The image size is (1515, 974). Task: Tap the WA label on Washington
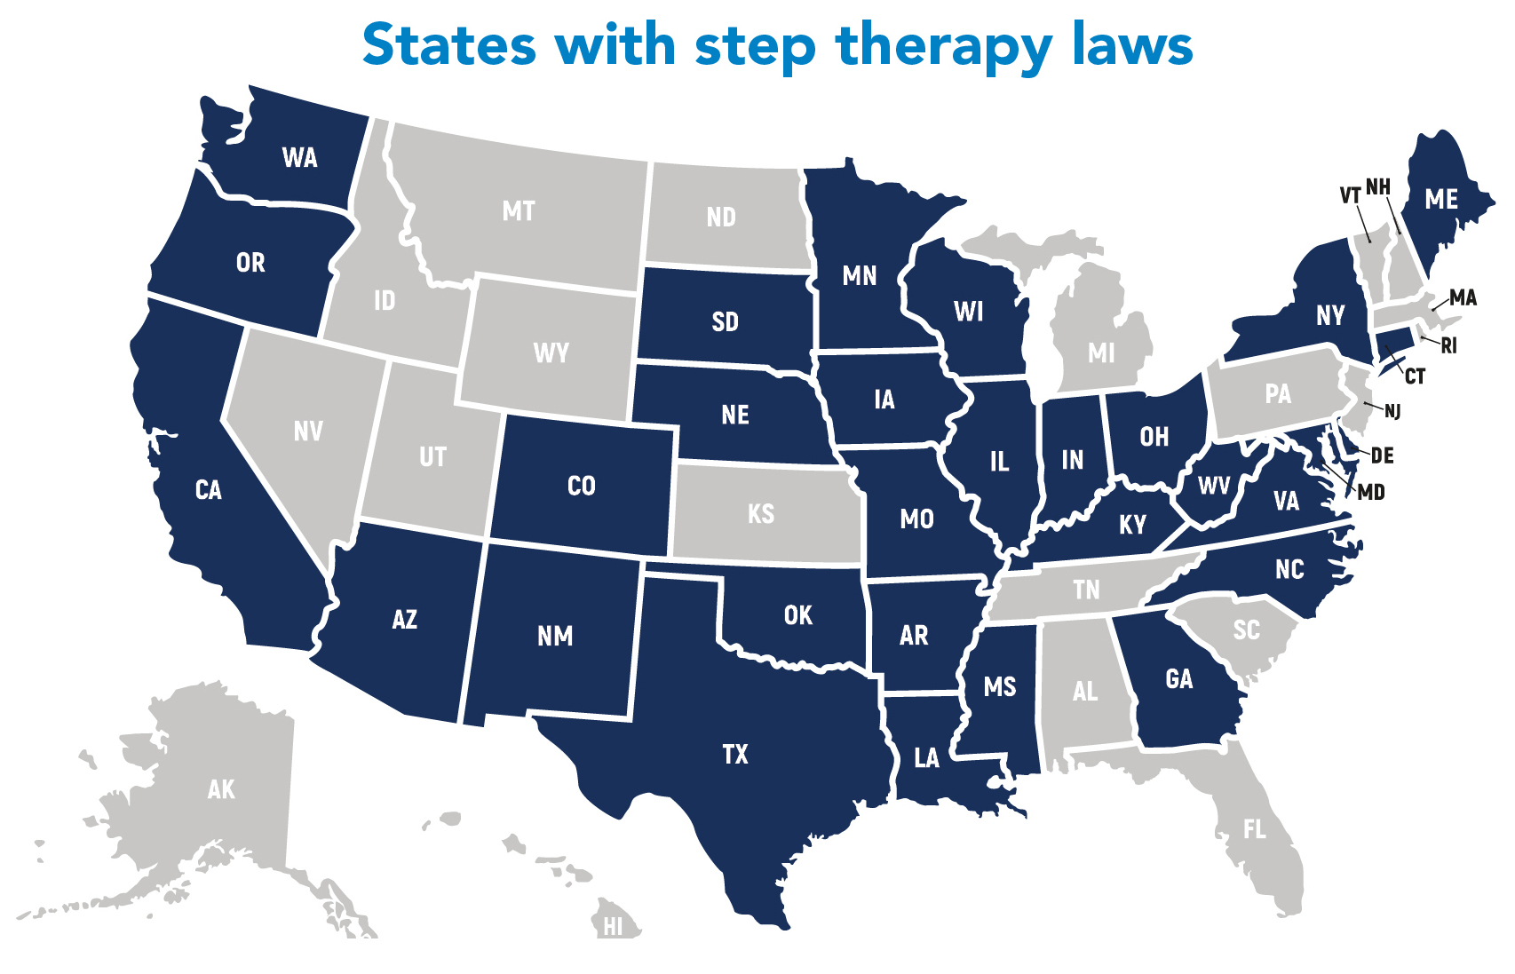coord(299,158)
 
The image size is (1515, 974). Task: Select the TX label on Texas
coord(735,755)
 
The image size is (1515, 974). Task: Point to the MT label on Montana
coord(519,211)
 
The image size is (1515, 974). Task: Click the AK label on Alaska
coord(221,789)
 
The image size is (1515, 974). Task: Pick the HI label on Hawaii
coord(613,927)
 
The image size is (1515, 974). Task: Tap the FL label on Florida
coord(1254,829)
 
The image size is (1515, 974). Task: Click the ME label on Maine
coord(1441,200)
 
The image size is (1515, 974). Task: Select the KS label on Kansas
coord(761,514)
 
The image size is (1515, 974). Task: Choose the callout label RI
coord(1448,346)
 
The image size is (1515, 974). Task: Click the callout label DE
coord(1382,456)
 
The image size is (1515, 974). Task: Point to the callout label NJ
coord(1392,411)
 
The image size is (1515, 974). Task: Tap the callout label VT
coord(1350,195)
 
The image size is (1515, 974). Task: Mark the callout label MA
coord(1463,298)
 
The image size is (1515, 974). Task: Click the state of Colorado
coord(582,486)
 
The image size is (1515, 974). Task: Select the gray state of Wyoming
coord(551,352)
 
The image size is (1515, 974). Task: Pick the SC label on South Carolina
coord(1246,630)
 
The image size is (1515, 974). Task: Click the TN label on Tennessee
coord(1086,590)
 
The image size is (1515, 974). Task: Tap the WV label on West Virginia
coord(1214,486)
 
